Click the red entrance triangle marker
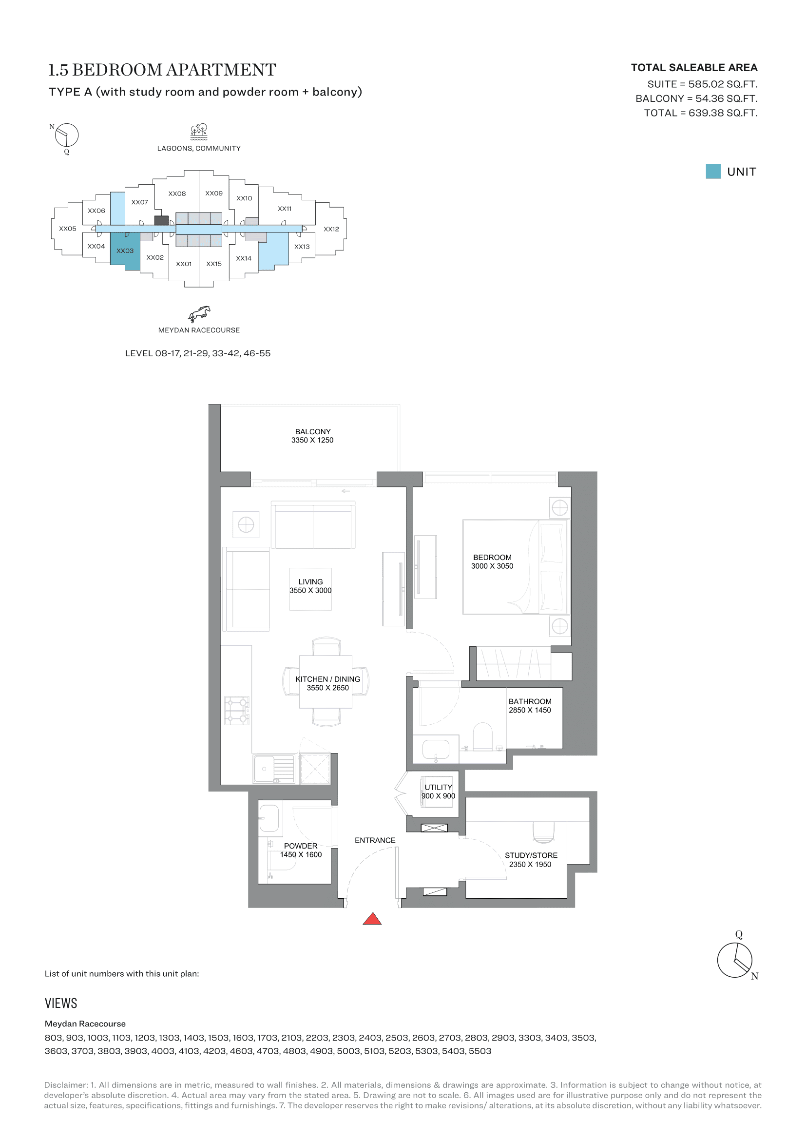click(x=372, y=919)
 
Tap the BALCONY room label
click(x=313, y=431)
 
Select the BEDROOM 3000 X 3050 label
click(x=492, y=561)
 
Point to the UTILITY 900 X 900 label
click(x=438, y=792)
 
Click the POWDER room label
click(x=301, y=846)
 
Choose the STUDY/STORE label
click(x=531, y=855)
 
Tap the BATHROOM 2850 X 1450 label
click(x=530, y=706)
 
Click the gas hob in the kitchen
click(x=237, y=711)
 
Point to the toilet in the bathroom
click(x=482, y=736)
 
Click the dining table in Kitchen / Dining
click(x=326, y=682)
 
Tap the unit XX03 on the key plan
click(x=125, y=251)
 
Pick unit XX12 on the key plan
click(x=331, y=229)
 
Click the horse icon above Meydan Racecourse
click(x=199, y=314)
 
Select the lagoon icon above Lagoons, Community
click(x=199, y=132)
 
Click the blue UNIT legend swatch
click(x=713, y=171)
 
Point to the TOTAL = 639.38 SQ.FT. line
click(x=701, y=113)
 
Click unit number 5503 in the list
click(x=480, y=1051)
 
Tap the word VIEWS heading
click(x=61, y=1004)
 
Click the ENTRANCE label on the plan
click(x=375, y=840)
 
